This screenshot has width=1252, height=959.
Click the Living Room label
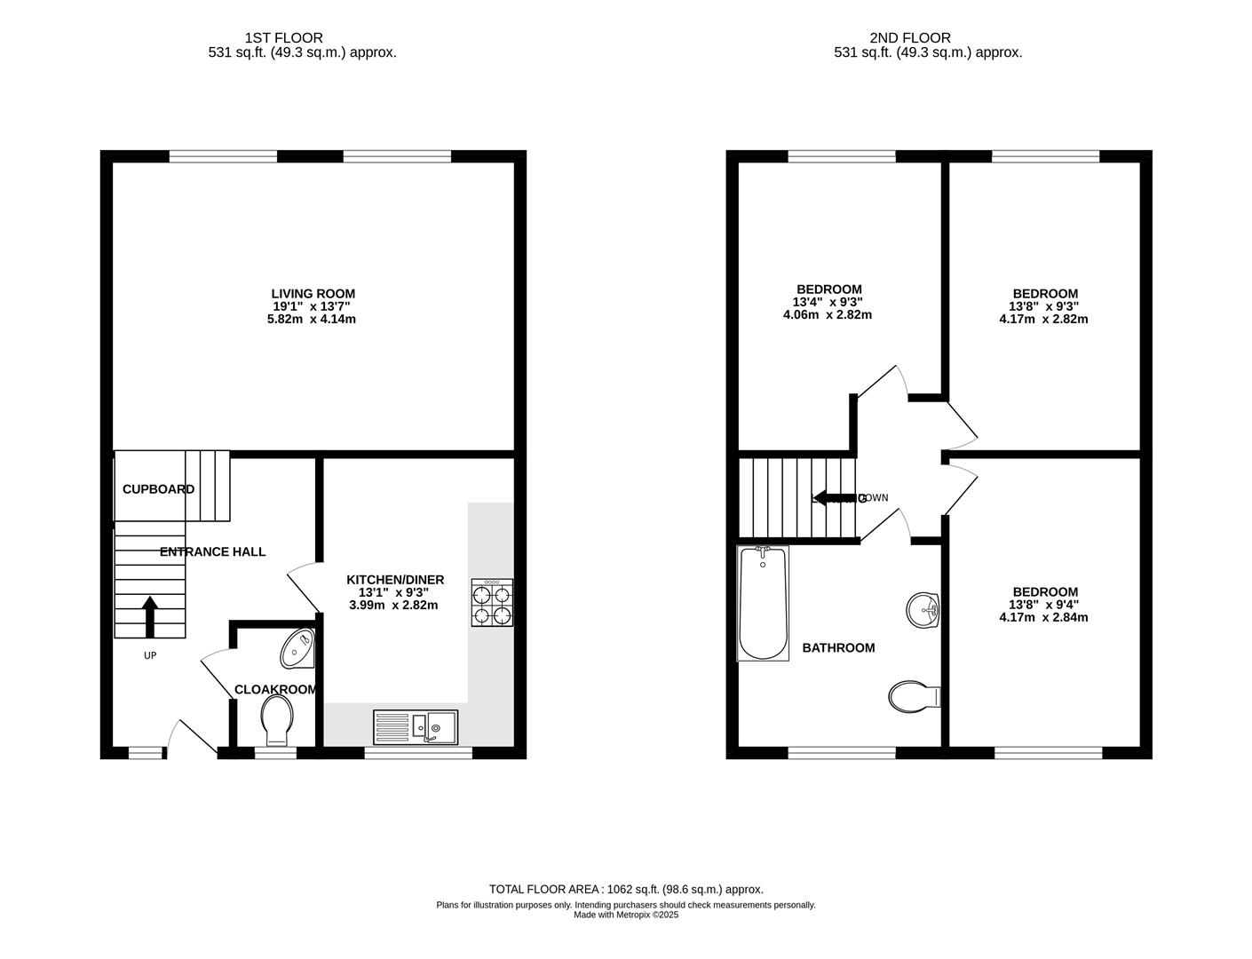(x=313, y=294)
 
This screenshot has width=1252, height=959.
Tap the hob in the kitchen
(x=491, y=603)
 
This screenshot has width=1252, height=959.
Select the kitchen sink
(x=416, y=725)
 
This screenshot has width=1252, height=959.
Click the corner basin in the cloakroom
(x=297, y=649)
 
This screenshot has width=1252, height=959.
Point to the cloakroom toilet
(x=278, y=718)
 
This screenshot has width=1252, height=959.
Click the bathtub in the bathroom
(x=762, y=604)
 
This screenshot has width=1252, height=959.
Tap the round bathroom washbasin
(x=923, y=610)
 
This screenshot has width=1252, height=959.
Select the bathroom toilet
(x=912, y=697)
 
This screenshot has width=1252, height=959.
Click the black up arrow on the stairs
(x=149, y=616)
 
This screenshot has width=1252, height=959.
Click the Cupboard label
(x=158, y=489)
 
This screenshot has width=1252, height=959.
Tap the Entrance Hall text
(x=212, y=551)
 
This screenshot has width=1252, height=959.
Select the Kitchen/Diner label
(x=394, y=580)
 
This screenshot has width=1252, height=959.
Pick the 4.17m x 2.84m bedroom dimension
(x=1044, y=617)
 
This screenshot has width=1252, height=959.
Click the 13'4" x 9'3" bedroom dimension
(x=828, y=302)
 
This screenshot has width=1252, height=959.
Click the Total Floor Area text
(x=626, y=889)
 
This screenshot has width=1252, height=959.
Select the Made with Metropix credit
(x=626, y=915)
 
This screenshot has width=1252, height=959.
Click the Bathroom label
(x=838, y=648)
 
